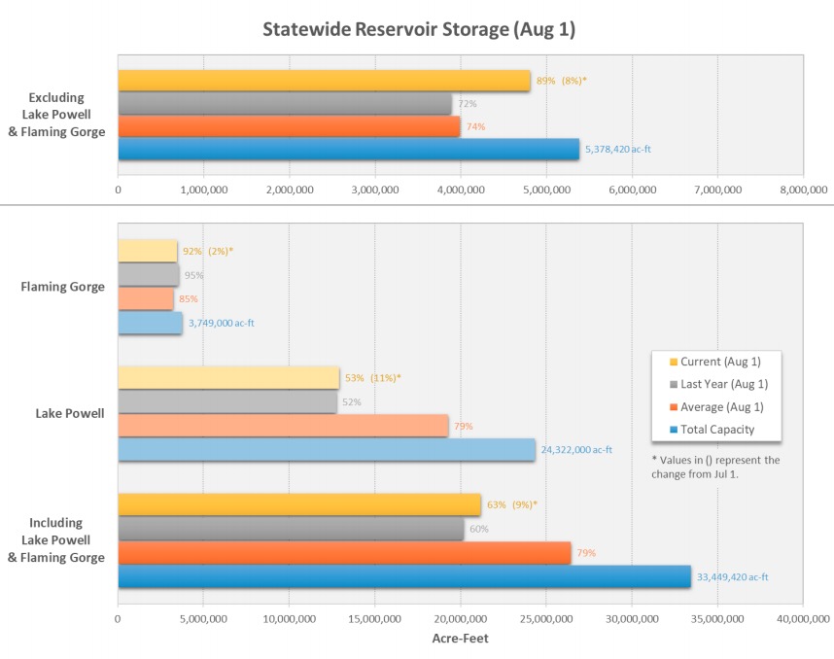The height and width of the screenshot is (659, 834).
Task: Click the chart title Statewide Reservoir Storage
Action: pyautogui.click(x=419, y=30)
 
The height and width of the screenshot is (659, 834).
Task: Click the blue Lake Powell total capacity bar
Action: pyautogui.click(x=327, y=450)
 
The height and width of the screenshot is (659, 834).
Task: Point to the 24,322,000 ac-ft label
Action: pyautogui.click(x=577, y=450)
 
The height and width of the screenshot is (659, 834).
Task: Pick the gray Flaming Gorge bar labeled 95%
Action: pyautogui.click(x=149, y=275)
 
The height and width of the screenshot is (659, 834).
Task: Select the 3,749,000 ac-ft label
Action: pyautogui.click(x=222, y=323)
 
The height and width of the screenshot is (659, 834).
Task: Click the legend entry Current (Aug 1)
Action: pyautogui.click(x=720, y=362)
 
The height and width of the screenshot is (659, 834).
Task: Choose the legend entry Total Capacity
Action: pyautogui.click(x=716, y=429)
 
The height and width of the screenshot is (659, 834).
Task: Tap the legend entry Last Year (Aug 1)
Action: pyautogui.click(x=723, y=384)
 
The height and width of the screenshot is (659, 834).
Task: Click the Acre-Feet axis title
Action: pyautogui.click(x=460, y=639)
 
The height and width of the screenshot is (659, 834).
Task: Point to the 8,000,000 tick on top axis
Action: pyautogui.click(x=803, y=190)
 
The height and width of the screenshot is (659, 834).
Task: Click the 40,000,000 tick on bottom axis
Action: pyautogui.click(x=803, y=618)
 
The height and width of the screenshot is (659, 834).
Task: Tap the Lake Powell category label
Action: pyautogui.click(x=70, y=413)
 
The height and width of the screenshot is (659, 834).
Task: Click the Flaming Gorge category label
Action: pyautogui.click(x=64, y=287)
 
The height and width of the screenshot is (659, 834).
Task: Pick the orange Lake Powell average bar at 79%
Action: pyautogui.click(x=283, y=426)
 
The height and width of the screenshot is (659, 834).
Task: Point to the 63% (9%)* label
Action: pyautogui.click(x=512, y=504)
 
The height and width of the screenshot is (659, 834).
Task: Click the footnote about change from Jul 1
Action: pyautogui.click(x=715, y=467)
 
